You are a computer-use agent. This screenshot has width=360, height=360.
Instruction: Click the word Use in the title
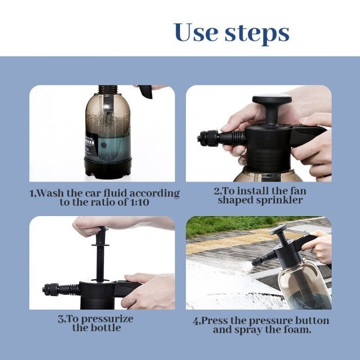[x=195, y=32]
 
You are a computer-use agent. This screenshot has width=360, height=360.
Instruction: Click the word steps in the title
[x=257, y=34]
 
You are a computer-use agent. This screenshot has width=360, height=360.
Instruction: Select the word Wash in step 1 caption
[x=50, y=193]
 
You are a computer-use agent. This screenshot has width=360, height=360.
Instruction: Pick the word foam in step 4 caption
[x=297, y=330]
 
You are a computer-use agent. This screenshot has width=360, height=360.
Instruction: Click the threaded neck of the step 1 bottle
[x=108, y=89]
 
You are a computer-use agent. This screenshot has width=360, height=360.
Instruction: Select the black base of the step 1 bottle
[x=107, y=168]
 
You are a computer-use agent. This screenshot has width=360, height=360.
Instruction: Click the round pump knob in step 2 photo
[x=272, y=100]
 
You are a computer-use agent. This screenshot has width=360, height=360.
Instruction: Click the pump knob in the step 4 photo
[x=279, y=229]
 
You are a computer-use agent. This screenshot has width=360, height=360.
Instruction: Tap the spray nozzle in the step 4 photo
[x=257, y=261]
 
